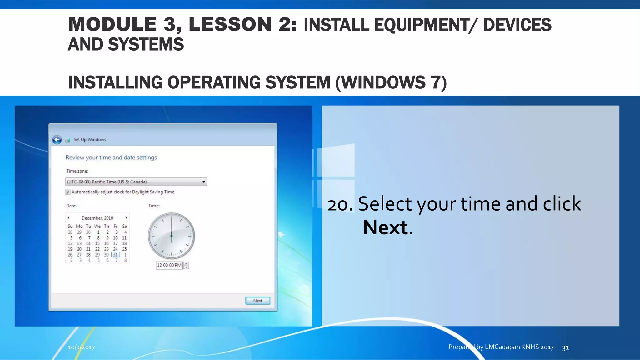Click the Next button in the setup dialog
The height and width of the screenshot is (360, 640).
pos(257,301)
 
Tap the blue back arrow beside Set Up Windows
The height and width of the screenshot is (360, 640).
pos(57,140)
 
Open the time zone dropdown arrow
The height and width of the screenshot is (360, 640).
pos(204,182)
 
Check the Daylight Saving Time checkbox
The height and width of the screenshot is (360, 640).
pos(68,192)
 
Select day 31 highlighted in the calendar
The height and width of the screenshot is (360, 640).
pos(115,255)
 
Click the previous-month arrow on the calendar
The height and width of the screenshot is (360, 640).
pos(69,218)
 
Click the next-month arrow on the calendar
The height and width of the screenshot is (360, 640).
pos(126,218)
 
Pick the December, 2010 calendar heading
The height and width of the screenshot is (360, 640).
pos(97,218)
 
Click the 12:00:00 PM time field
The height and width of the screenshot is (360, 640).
pos(169,265)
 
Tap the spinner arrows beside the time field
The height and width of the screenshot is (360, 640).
pos(186,265)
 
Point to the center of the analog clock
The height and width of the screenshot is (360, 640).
pos(171,236)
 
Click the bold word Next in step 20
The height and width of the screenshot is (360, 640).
pos(385,227)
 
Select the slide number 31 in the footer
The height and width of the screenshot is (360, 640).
pos(565,347)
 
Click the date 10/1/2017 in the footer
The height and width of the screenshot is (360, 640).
pos(81,347)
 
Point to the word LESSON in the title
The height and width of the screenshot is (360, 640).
pos(230,24)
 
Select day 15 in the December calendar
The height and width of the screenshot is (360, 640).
pos(97,243)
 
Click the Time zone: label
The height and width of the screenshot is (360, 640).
pos(77,171)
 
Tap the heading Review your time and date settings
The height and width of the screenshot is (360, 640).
pos(111,157)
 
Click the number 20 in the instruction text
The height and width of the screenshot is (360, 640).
pos(338,205)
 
